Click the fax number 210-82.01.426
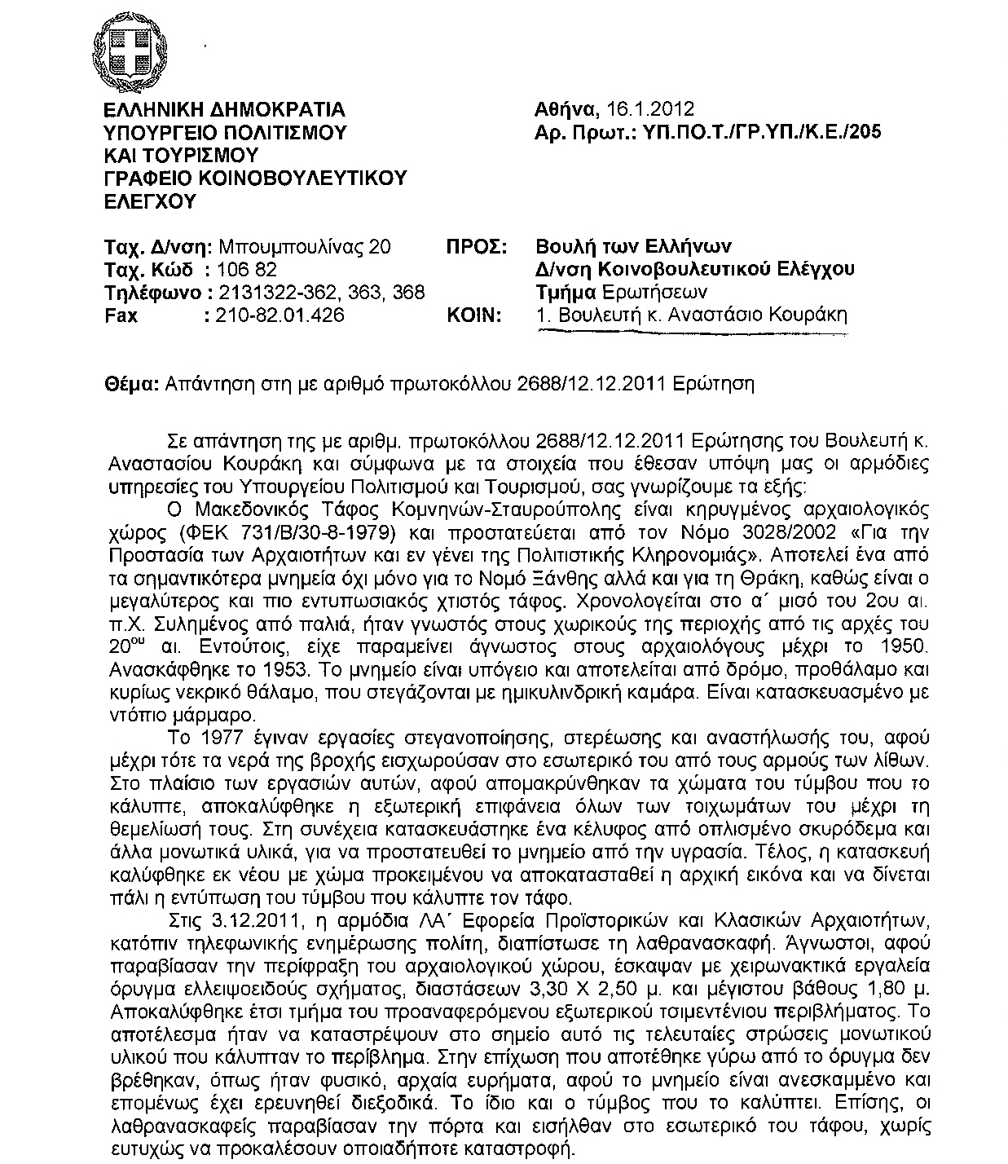click(278, 315)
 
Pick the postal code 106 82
click(246, 270)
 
